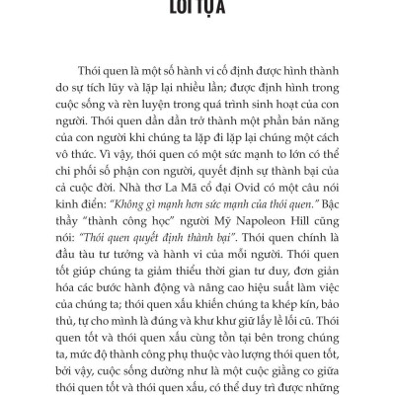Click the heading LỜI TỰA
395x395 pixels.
197,7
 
